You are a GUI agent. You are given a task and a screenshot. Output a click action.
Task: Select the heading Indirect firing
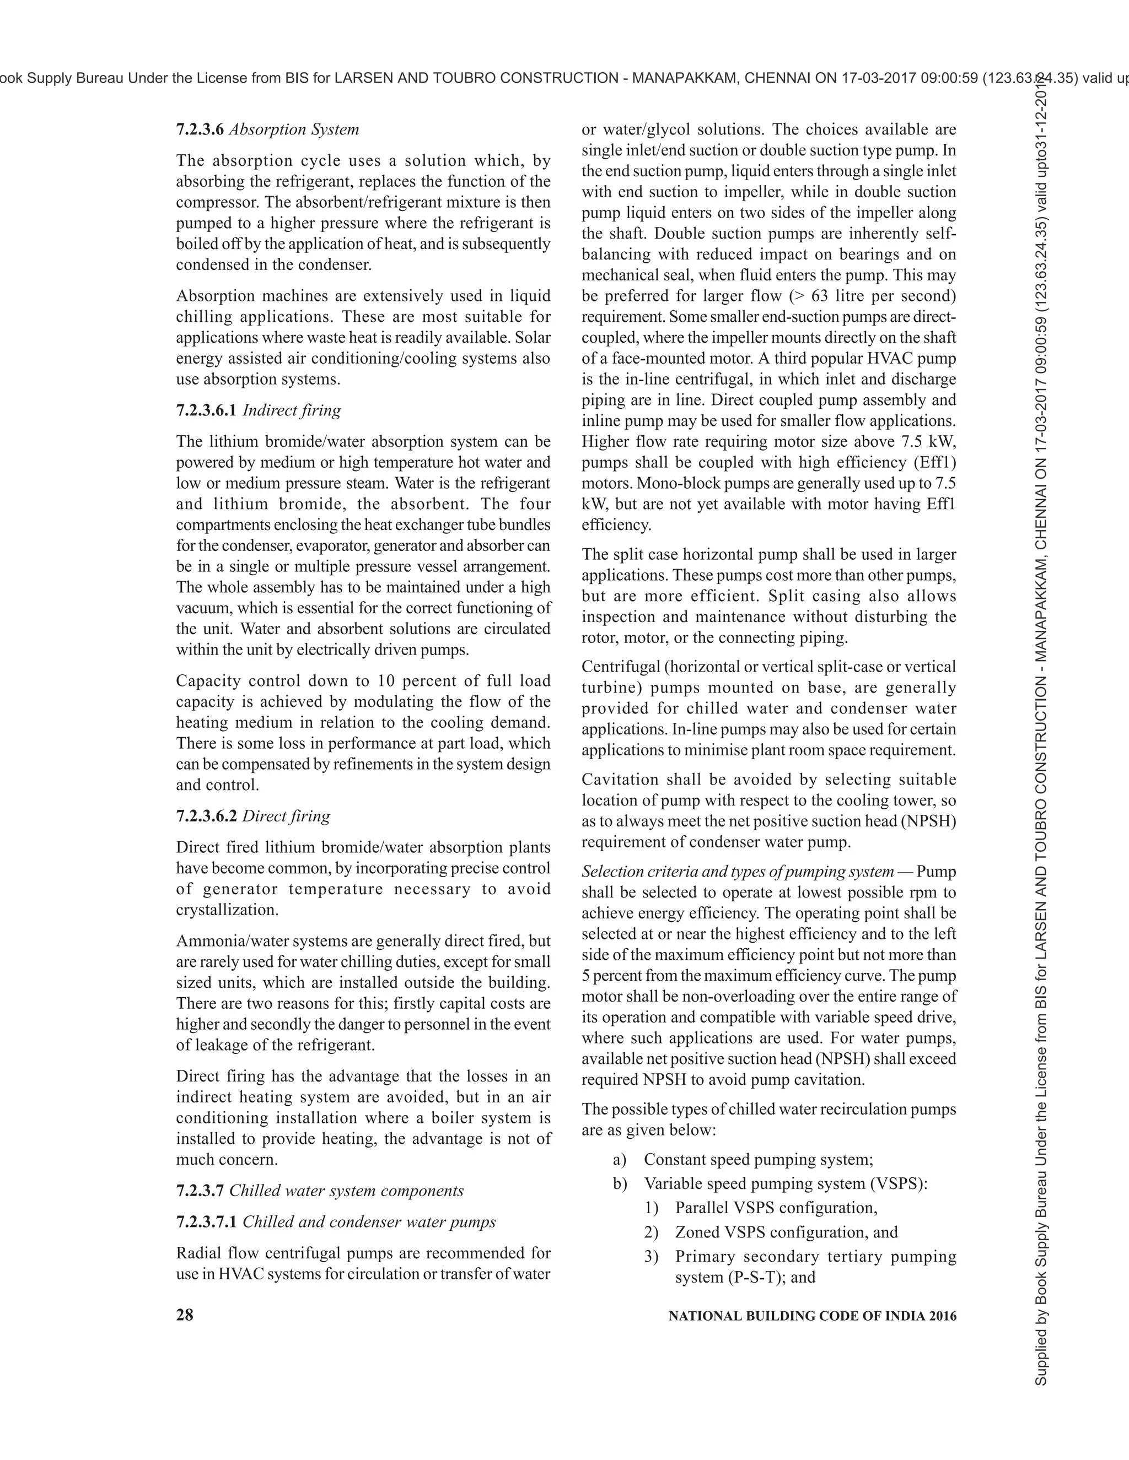click(x=291, y=410)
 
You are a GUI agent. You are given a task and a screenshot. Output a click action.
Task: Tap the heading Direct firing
click(x=286, y=816)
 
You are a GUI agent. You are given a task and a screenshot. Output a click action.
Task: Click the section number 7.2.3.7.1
click(x=206, y=1222)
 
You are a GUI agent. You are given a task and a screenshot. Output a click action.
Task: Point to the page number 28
click(x=185, y=1316)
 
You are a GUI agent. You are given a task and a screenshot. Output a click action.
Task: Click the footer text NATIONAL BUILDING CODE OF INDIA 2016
click(x=812, y=1316)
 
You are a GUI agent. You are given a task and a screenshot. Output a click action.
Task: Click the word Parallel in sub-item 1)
click(x=702, y=1208)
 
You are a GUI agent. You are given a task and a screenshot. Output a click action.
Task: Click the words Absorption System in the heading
click(x=294, y=129)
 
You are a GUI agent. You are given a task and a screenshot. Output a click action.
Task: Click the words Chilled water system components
click(x=346, y=1191)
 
